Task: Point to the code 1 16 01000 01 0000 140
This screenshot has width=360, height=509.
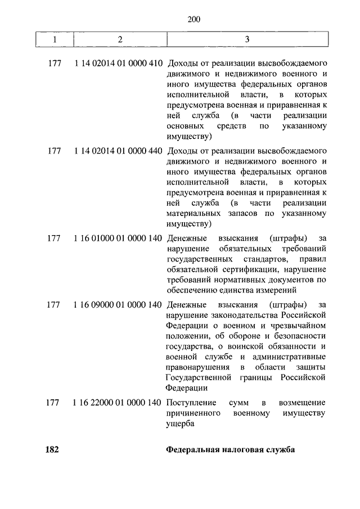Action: [118, 238]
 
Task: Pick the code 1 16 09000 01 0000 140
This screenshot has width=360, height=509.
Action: [118, 305]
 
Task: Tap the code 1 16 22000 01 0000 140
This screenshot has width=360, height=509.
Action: [118, 403]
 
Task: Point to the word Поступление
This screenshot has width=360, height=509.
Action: [192, 403]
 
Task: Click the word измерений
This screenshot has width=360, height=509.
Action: [277, 290]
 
